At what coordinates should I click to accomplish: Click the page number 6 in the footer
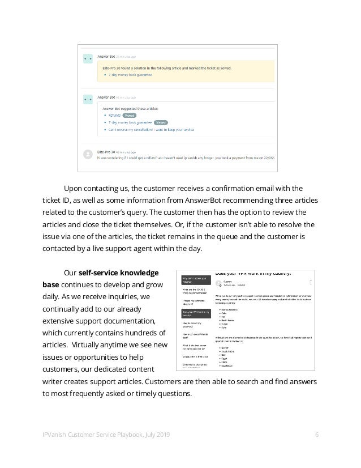click(317, 434)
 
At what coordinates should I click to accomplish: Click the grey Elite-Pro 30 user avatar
click(88, 154)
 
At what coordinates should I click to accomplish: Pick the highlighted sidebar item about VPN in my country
click(192, 314)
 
